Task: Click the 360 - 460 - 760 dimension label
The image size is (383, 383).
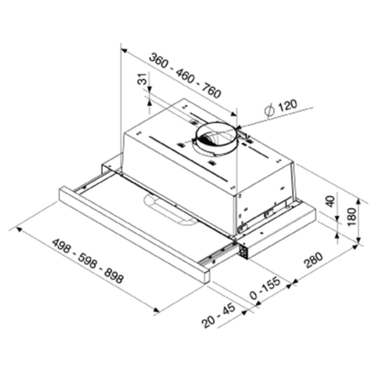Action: point(186,76)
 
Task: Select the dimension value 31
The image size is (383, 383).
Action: point(143,79)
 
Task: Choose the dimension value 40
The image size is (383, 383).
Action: point(330,201)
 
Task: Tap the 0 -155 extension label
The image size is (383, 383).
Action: point(266,289)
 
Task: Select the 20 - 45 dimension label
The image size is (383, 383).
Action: point(218,316)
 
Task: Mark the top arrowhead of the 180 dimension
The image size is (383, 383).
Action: point(359,202)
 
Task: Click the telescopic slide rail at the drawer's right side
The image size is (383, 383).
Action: point(215,256)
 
